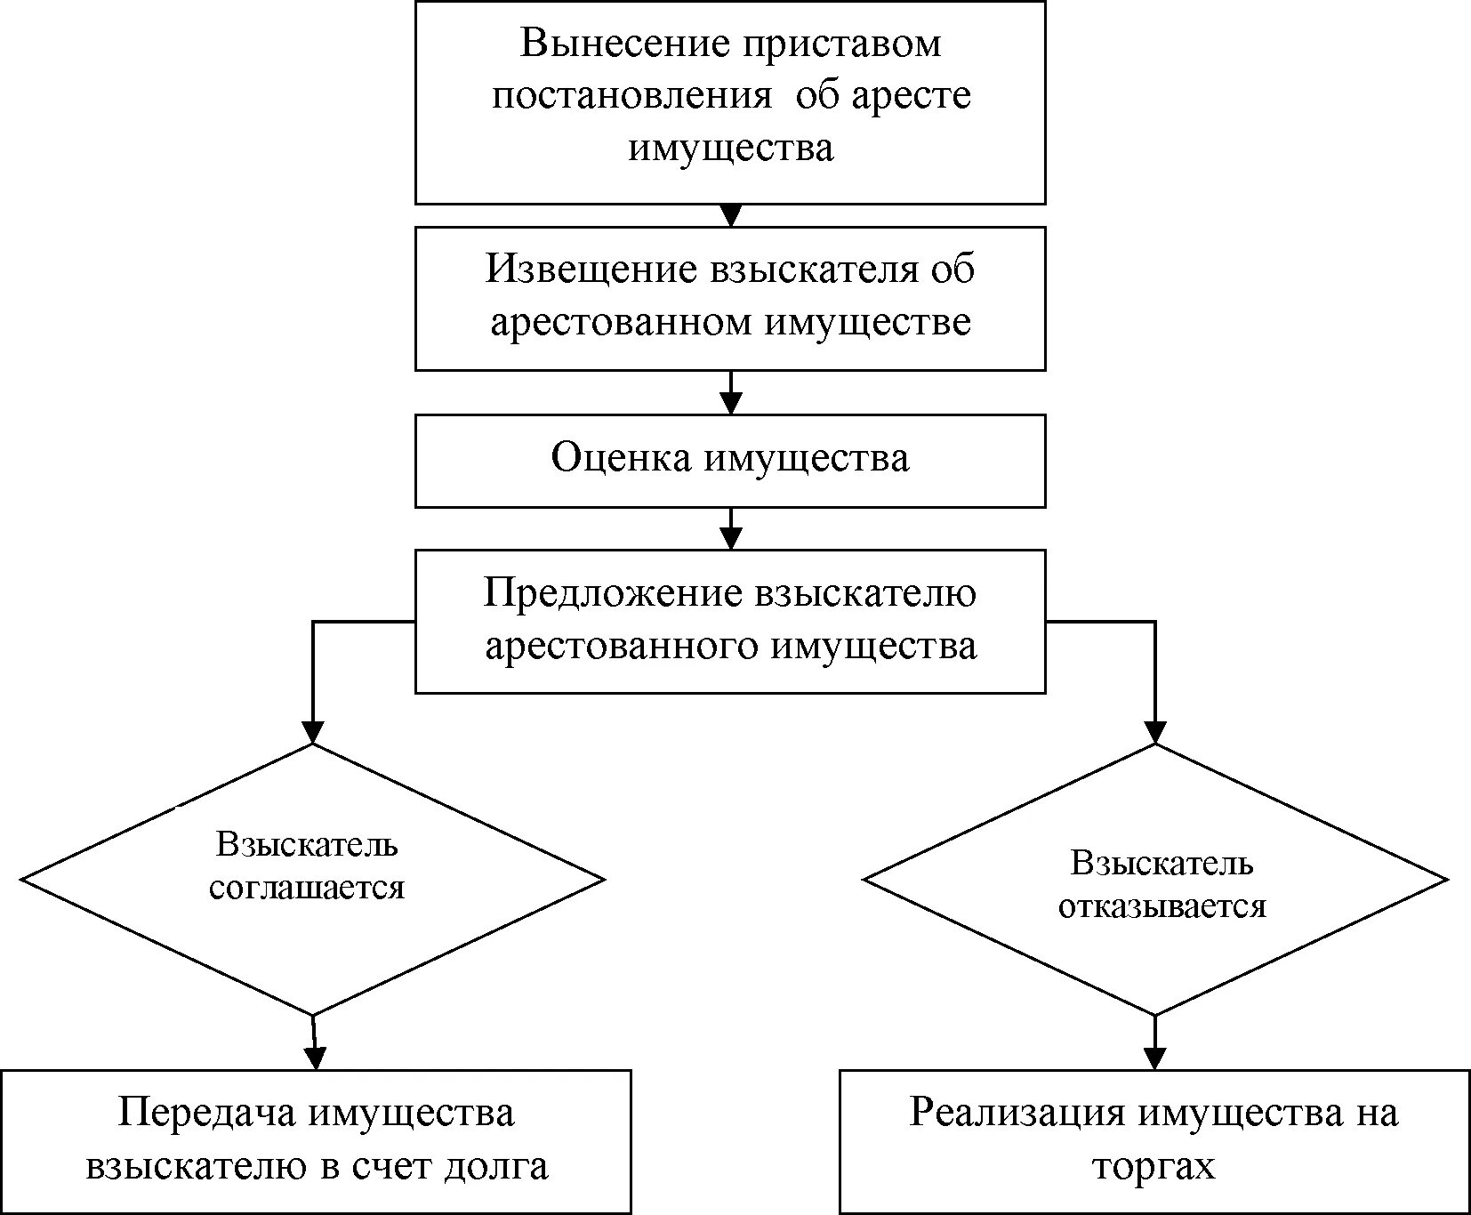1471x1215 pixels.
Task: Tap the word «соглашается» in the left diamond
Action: pos(307,887)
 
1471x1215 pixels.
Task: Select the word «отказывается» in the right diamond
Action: pos(1162,905)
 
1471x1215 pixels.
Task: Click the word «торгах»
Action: pos(1153,1166)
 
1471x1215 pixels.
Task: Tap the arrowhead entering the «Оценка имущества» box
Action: pos(730,405)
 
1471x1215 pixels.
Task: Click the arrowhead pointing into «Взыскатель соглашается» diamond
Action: pos(312,732)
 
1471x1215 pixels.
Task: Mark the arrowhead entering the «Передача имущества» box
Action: pos(316,1058)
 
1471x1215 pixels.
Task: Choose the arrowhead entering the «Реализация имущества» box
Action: pos(1154,1058)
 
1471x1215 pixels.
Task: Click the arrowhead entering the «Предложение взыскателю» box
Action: pos(730,539)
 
